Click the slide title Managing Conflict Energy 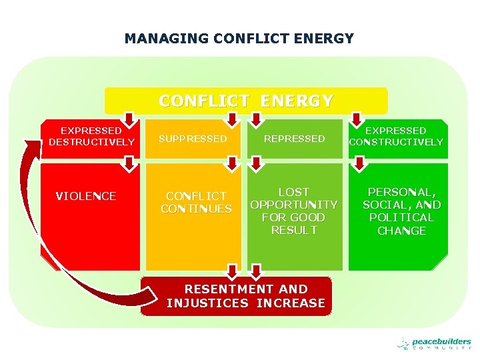[x=239, y=39]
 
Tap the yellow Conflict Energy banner [x=246, y=101]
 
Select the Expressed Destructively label [x=91, y=137]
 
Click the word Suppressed [x=192, y=139]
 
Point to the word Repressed [x=294, y=139]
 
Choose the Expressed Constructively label [x=396, y=137]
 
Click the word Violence [x=86, y=196]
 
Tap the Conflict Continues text [x=196, y=202]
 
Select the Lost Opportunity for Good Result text [x=294, y=211]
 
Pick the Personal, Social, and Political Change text [x=401, y=211]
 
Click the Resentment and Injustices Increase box [x=246, y=296]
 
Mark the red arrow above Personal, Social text [x=359, y=163]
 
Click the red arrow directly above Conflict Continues [x=231, y=163]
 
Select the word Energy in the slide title [x=327, y=39]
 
